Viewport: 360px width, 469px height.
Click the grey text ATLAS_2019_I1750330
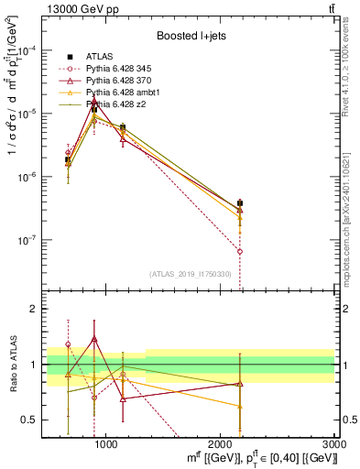[x=191, y=274]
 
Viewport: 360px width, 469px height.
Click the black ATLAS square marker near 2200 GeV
[x=240, y=203]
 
